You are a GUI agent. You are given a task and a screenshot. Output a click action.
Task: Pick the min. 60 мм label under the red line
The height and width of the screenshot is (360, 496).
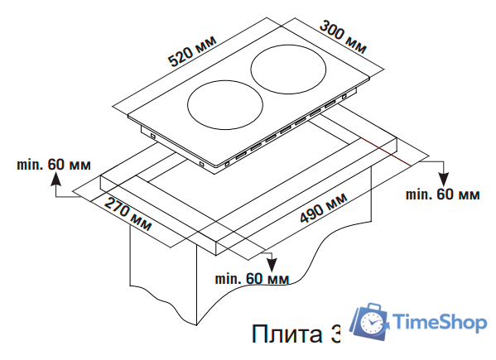pyautogui.click(x=442, y=194)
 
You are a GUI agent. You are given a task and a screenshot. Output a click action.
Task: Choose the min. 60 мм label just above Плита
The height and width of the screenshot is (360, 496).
pyautogui.click(x=253, y=278)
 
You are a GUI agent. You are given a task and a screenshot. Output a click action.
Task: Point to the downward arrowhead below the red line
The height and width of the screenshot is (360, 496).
pyautogui.click(x=443, y=180)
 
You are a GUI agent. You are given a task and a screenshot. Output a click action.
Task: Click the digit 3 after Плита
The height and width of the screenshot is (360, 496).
pyautogui.click(x=334, y=334)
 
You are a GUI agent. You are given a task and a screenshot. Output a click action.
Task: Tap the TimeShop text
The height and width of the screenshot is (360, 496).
pyautogui.click(x=439, y=322)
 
